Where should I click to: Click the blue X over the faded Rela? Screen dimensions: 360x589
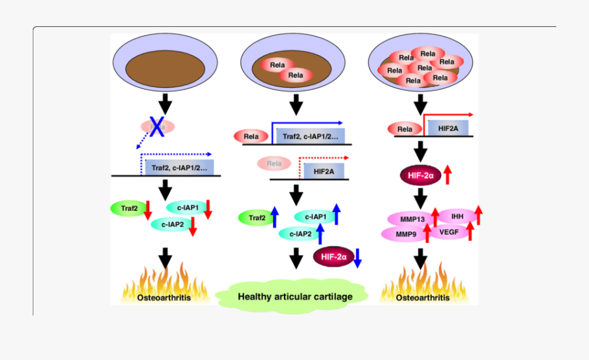pyautogui.click(x=157, y=126)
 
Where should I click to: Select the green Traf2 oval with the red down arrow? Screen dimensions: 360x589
pyautogui.click(x=130, y=208)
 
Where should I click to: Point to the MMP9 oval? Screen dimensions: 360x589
pyautogui.click(x=401, y=233)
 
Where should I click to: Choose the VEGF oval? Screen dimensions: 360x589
pyautogui.click(x=448, y=232)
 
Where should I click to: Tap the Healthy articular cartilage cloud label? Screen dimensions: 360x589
pyautogui.click(x=294, y=297)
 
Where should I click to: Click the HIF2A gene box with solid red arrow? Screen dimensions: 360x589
pyautogui.click(x=448, y=129)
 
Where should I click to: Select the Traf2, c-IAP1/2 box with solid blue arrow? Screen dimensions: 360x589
pyautogui.click(x=307, y=136)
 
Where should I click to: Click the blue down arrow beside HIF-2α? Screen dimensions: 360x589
pyautogui.click(x=357, y=258)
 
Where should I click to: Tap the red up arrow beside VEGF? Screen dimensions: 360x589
pyautogui.click(x=471, y=230)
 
